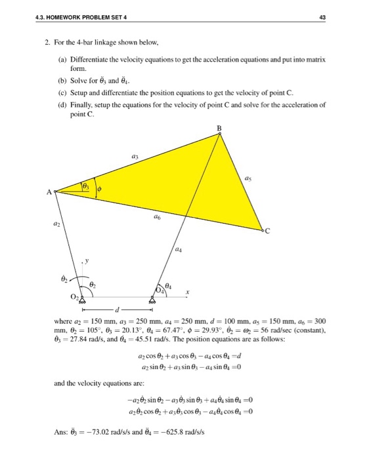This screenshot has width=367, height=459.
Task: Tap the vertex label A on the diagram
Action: click(49, 192)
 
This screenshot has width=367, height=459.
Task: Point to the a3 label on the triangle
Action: click(135, 157)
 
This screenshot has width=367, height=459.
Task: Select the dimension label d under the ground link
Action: click(116, 309)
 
